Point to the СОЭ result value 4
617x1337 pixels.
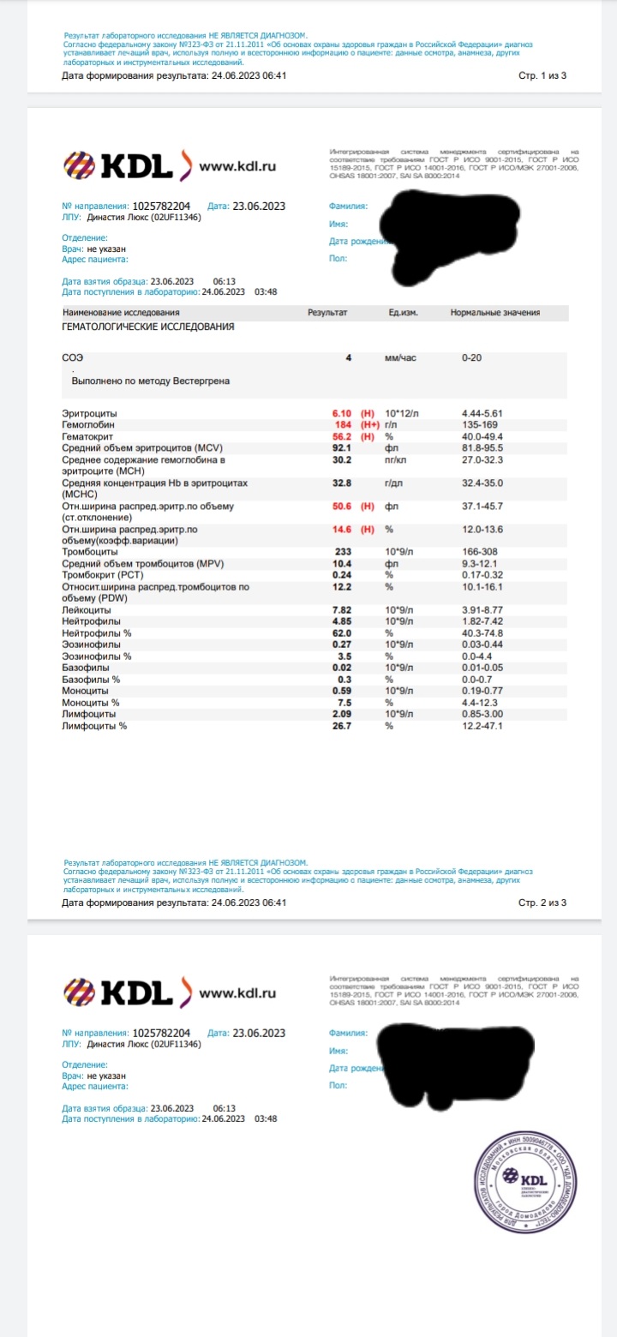pos(348,357)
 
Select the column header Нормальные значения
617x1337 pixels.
pos(491,312)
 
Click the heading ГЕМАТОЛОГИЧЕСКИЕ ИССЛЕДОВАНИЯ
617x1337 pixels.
pos(148,327)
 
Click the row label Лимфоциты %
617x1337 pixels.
pos(94,726)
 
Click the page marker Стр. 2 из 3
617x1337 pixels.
pos(542,902)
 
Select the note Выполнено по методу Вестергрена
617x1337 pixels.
pos(150,381)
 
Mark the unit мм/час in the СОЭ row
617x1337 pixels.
pos(400,357)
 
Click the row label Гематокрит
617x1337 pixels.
pos(89,435)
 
